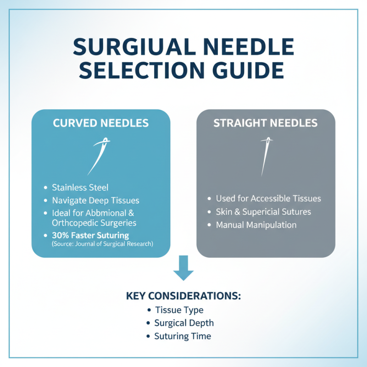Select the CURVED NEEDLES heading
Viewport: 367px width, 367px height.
[100, 123]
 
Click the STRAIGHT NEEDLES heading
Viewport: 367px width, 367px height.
[266, 123]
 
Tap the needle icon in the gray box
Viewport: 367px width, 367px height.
[265, 156]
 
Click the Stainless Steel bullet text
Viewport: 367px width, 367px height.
[80, 187]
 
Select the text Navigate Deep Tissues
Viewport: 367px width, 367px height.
[95, 200]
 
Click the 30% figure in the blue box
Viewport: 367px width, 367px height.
[60, 235]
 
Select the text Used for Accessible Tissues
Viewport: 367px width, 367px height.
[268, 199]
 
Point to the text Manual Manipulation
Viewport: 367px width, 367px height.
[256, 225]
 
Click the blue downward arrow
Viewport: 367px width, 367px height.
[183, 271]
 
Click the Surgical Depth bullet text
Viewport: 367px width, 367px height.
[184, 323]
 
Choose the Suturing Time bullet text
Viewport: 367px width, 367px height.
[183, 336]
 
